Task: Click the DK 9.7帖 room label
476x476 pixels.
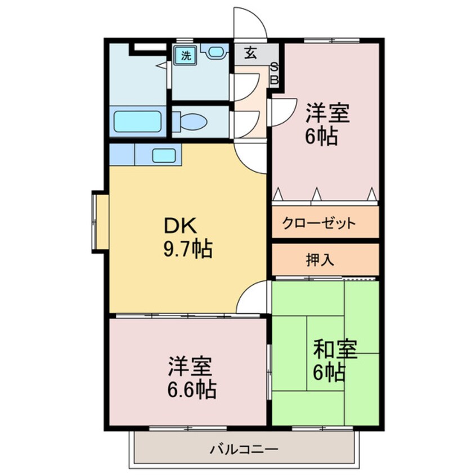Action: pyautogui.click(x=187, y=237)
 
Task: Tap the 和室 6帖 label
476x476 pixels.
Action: pyautogui.click(x=335, y=361)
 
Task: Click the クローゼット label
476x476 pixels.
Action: pyautogui.click(x=319, y=223)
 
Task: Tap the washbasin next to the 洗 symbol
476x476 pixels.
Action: pyautogui.click(x=215, y=52)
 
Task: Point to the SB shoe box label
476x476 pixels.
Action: pyautogui.click(x=275, y=73)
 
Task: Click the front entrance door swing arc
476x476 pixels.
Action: pyautogui.click(x=249, y=23)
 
